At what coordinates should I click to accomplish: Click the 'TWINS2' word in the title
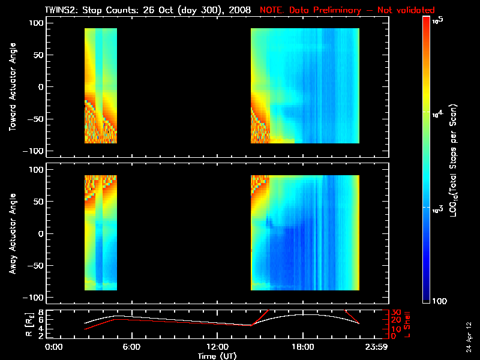[61, 10]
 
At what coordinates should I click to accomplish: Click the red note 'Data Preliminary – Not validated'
[347, 10]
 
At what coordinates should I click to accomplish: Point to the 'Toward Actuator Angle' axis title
[11, 86]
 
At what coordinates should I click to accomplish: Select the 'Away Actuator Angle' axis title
[11, 233]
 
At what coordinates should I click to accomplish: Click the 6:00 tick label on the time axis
[131, 347]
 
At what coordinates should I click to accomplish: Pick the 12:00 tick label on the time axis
[217, 347]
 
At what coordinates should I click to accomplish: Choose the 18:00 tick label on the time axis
[302, 347]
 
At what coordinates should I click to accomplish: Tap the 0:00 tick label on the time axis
[54, 347]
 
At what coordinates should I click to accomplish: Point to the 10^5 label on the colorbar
[440, 20]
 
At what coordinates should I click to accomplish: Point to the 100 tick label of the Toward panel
[37, 23]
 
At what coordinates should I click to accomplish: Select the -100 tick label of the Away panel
[35, 298]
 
